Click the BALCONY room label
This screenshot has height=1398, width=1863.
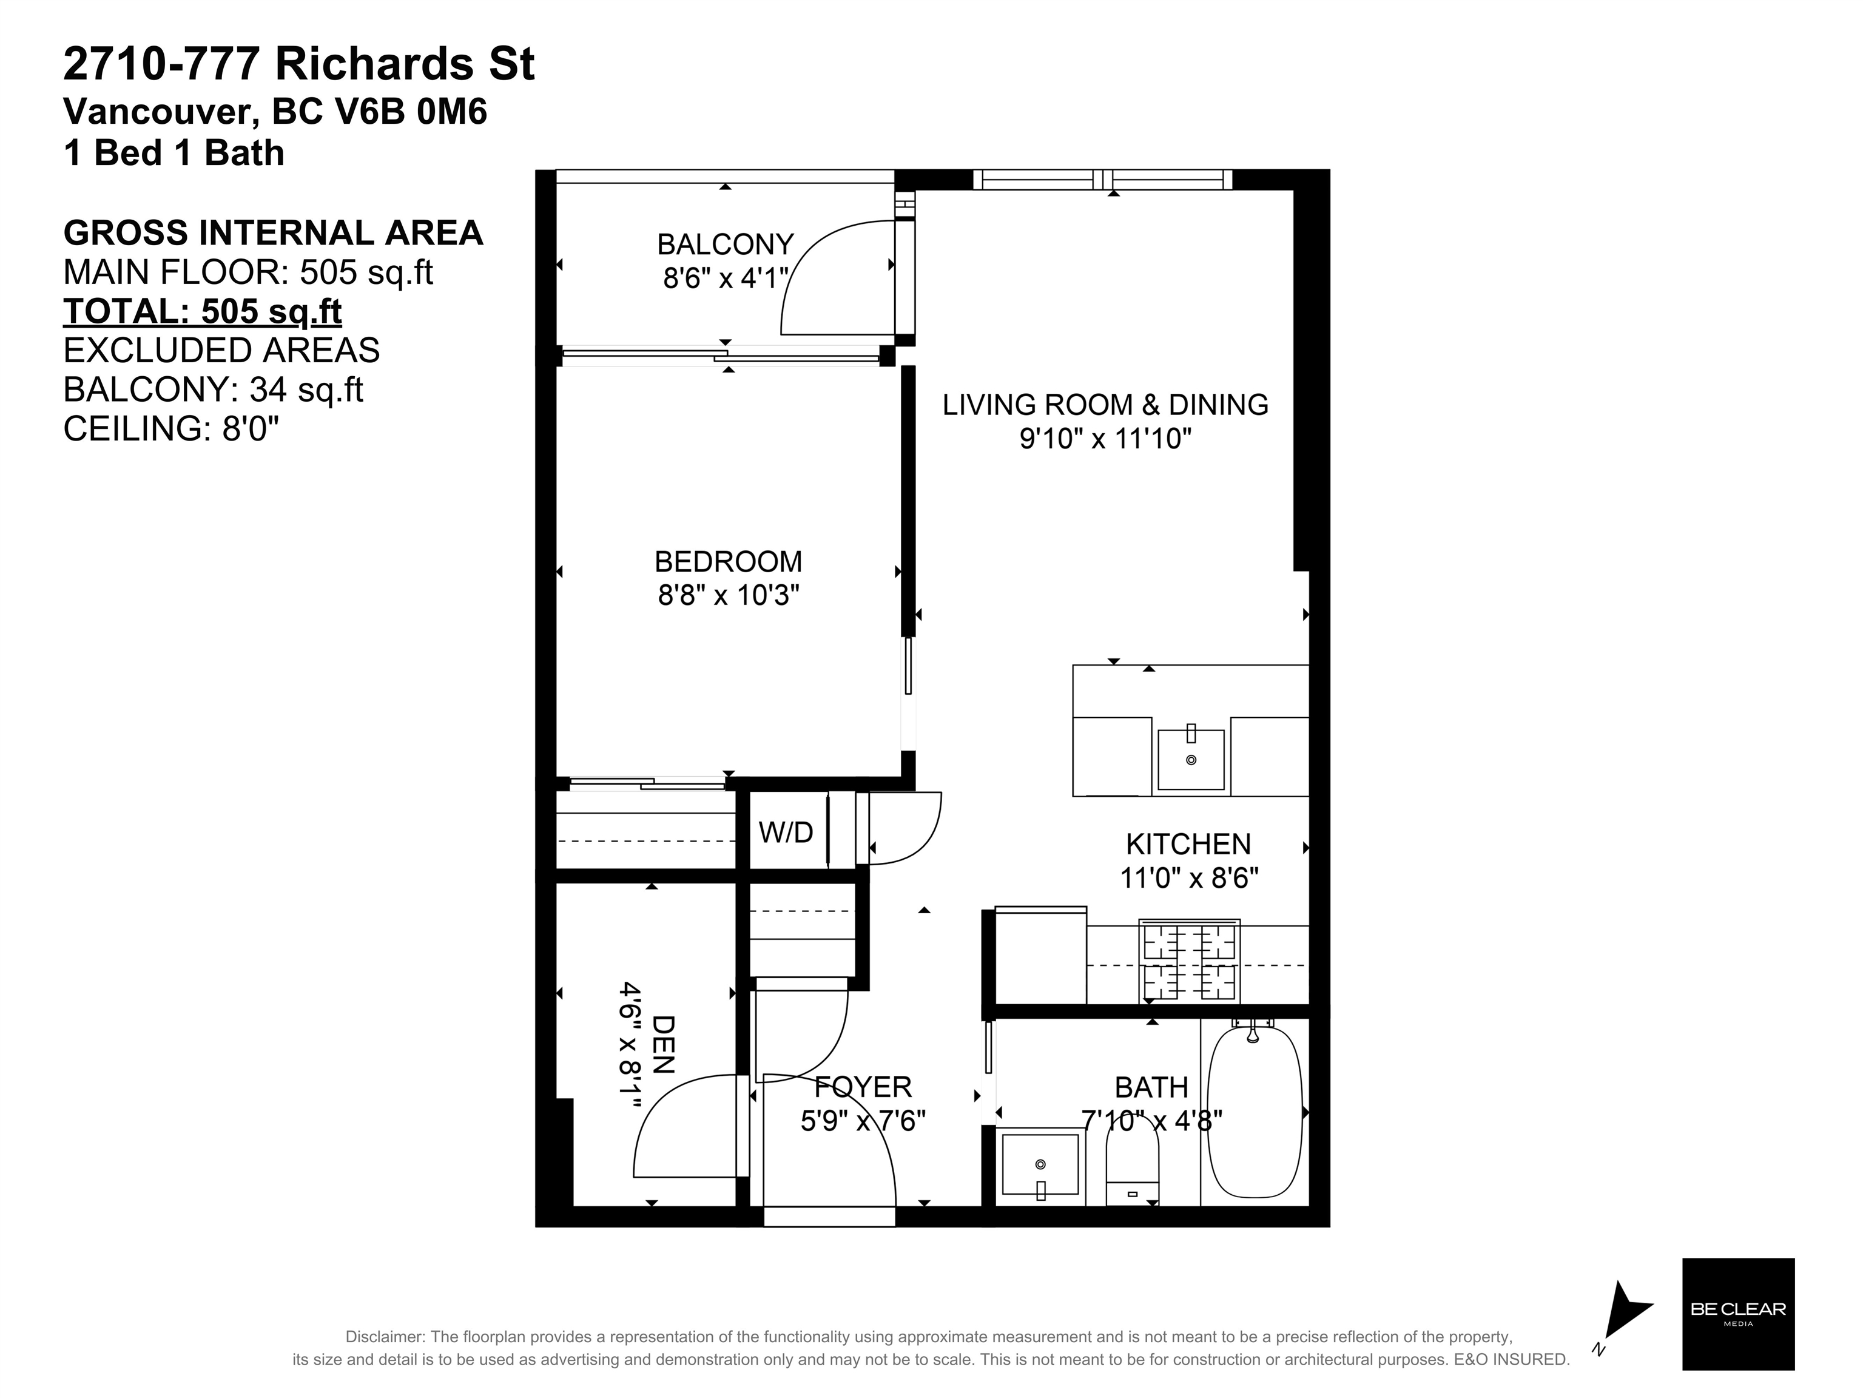click(x=725, y=245)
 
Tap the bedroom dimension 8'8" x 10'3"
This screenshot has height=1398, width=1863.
click(x=729, y=595)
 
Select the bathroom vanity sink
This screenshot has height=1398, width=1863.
click(x=1040, y=1165)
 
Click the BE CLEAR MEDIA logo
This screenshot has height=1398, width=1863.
click(x=1739, y=1314)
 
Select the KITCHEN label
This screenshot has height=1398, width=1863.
click(x=1188, y=844)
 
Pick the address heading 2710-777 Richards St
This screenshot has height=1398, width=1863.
click(x=299, y=65)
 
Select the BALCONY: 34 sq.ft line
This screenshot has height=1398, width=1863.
click(x=213, y=390)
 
